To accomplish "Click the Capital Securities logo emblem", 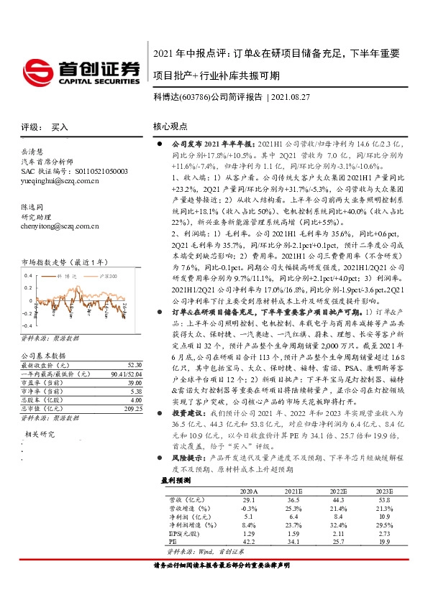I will click(x=41, y=70).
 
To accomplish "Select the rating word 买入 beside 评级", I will click(x=60, y=126).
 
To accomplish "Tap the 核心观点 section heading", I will click(x=171, y=126).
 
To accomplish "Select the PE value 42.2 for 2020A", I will click(x=248, y=560).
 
